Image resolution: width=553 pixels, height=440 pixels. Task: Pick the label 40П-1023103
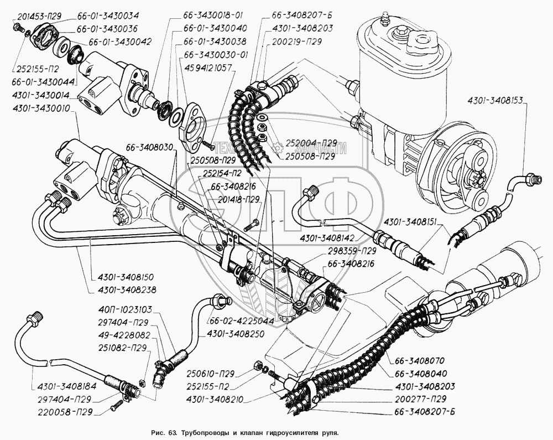pos(122,309)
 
